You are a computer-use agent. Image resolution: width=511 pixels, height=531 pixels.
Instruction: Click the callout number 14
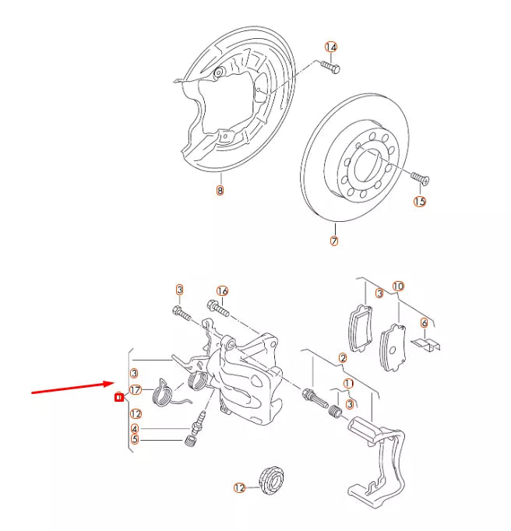point(331,47)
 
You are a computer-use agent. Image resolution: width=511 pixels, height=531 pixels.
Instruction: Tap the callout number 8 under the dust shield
point(220,190)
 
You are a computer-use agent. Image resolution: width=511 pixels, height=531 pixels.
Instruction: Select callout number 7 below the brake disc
point(334,241)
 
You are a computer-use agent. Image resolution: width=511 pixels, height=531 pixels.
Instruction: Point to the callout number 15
point(420,202)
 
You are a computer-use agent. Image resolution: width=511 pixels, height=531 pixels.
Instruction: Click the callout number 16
point(222,290)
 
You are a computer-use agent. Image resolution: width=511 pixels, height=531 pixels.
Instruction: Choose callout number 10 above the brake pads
point(398,287)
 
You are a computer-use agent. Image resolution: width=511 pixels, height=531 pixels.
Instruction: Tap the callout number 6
point(425,322)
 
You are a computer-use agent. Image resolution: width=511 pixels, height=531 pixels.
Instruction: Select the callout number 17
point(135,390)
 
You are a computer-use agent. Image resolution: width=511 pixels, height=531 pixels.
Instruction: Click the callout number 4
point(135,428)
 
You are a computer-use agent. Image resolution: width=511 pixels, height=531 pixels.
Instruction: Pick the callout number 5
point(135,439)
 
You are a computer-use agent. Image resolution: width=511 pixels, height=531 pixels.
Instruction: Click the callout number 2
point(342,358)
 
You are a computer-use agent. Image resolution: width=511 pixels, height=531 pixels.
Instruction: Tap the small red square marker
point(118,397)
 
